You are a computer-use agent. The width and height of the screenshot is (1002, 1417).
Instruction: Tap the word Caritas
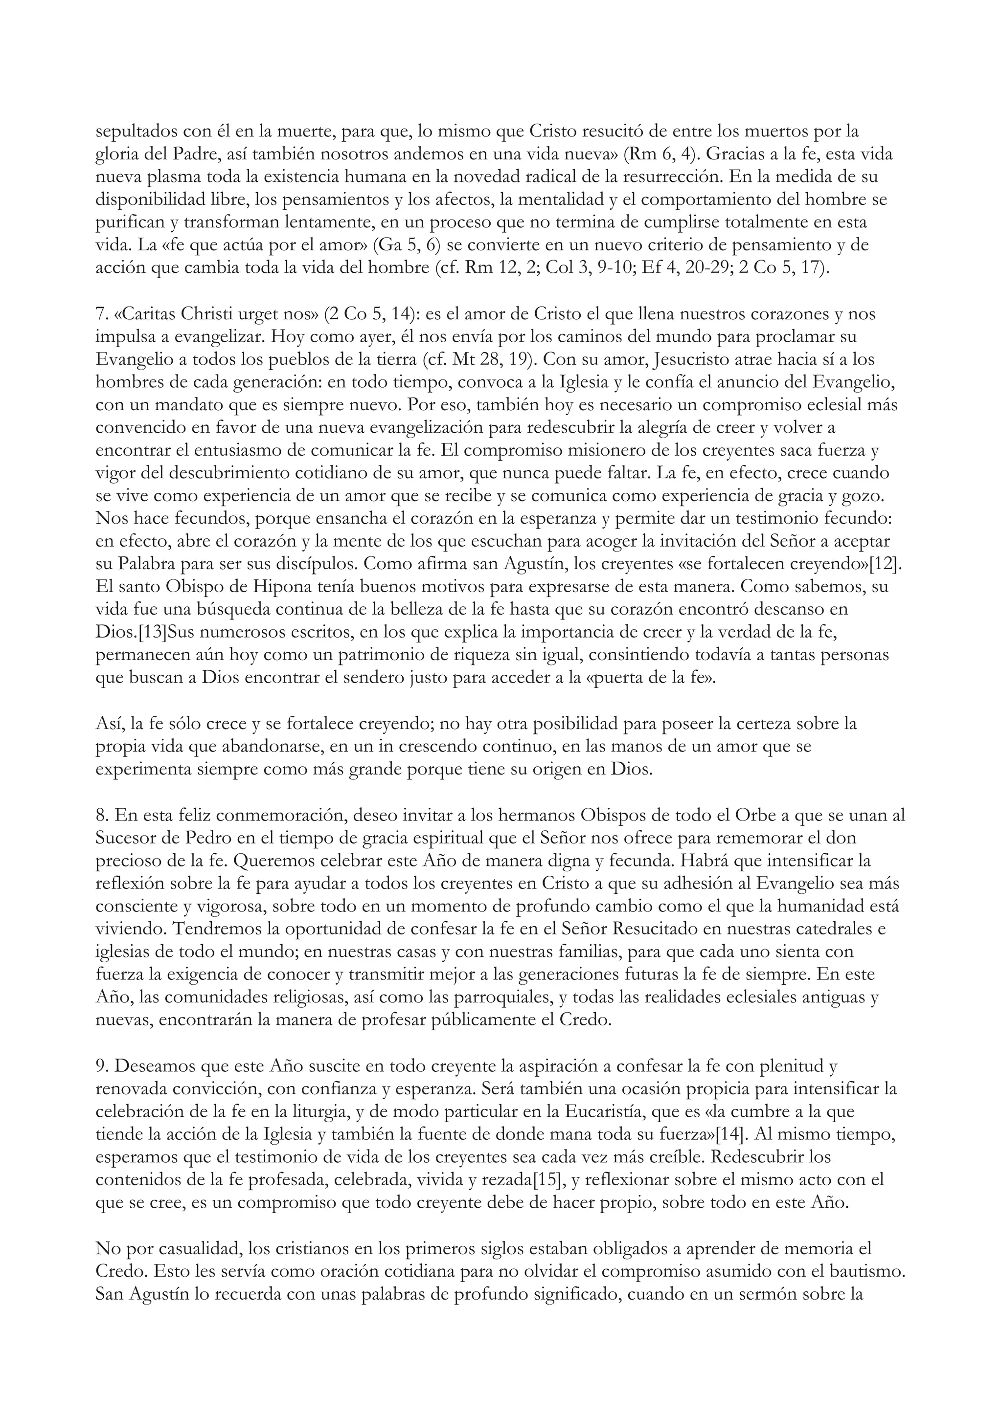[x=149, y=314]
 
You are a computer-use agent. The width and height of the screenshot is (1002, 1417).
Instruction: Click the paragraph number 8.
[x=102, y=816]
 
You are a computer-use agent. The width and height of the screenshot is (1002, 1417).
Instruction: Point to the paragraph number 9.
[x=102, y=1066]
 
